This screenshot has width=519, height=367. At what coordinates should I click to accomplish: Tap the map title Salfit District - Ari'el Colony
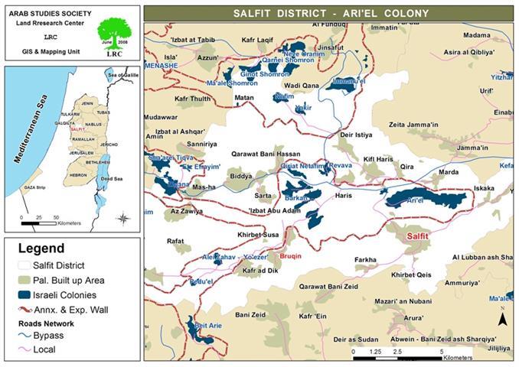329,13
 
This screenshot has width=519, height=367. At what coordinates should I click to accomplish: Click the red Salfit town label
422,236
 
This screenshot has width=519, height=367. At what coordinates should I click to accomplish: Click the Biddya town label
240,175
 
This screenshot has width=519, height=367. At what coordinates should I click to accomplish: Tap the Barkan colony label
299,196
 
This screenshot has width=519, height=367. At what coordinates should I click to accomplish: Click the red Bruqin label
292,257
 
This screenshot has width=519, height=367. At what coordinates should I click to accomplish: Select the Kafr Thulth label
192,99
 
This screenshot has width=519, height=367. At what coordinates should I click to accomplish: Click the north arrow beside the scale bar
501,319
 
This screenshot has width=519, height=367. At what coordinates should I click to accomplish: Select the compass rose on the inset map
122,219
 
